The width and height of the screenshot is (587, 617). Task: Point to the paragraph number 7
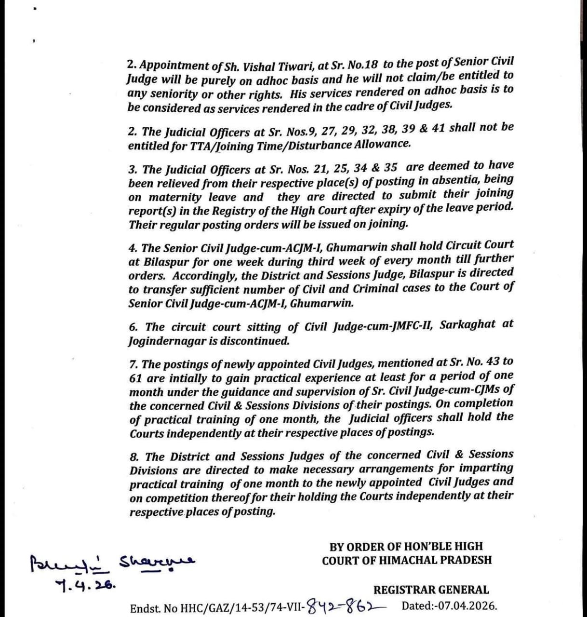pyautogui.click(x=133, y=364)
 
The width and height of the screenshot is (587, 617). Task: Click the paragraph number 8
pyautogui.click(x=133, y=457)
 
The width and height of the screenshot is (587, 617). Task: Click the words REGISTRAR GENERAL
pyautogui.click(x=431, y=590)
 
